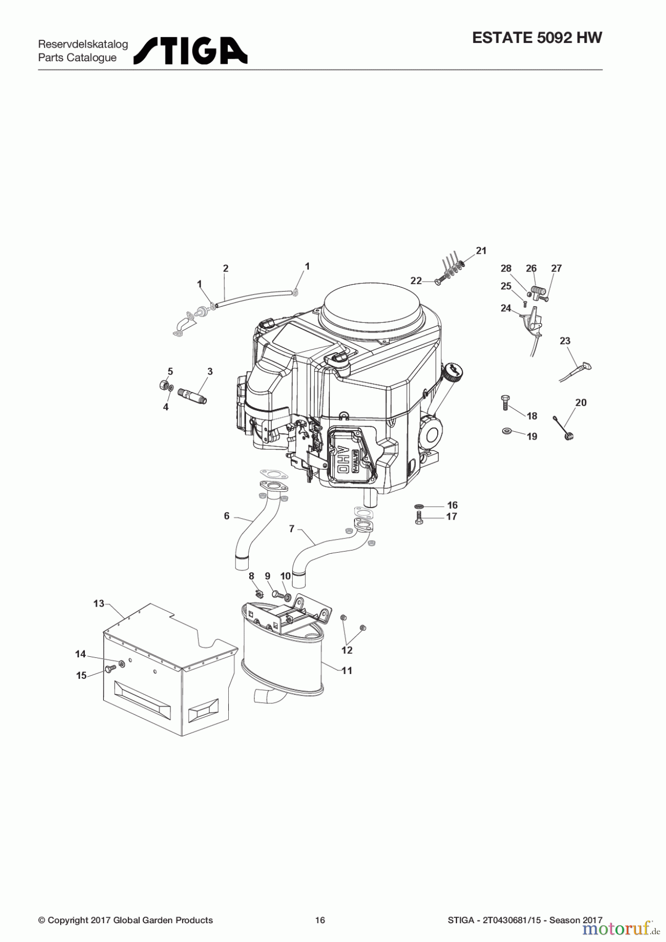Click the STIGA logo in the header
click(191, 51)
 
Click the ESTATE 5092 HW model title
click(537, 38)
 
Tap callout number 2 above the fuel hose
click(226, 268)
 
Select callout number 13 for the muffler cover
click(99, 603)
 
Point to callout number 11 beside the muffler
click(347, 670)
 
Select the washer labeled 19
click(506, 431)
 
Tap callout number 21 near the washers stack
click(481, 251)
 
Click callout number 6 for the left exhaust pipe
click(227, 516)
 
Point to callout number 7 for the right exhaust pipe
click(292, 529)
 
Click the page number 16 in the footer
click(320, 920)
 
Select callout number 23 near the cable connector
click(564, 341)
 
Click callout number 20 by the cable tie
click(581, 402)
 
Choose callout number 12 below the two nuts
click(347, 650)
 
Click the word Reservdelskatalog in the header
click(83, 44)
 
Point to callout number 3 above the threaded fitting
click(210, 372)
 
